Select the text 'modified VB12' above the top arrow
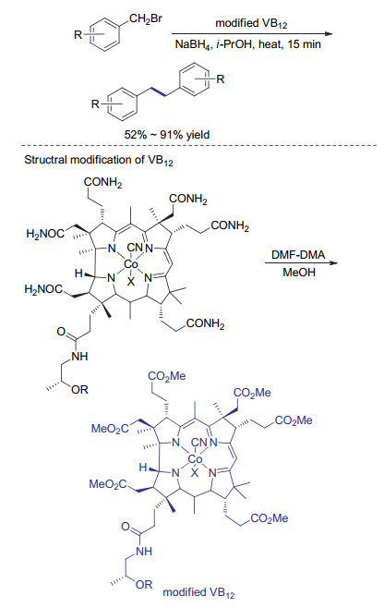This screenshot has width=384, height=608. [251, 24]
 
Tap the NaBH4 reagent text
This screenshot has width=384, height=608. [192, 44]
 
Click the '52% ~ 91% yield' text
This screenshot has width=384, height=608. [167, 135]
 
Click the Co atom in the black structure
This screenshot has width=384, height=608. [130, 264]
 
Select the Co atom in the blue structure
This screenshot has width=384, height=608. [195, 459]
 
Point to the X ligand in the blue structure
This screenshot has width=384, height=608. [195, 473]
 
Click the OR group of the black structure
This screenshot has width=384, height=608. [79, 389]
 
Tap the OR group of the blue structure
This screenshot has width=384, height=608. [144, 584]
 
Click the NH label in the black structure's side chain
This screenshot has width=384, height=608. [79, 357]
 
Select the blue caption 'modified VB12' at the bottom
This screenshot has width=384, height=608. [198, 593]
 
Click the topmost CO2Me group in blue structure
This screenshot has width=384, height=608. [167, 376]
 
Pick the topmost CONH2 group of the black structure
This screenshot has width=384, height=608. [102, 182]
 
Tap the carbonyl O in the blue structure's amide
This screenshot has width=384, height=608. [126, 526]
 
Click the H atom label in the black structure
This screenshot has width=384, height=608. [78, 274]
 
